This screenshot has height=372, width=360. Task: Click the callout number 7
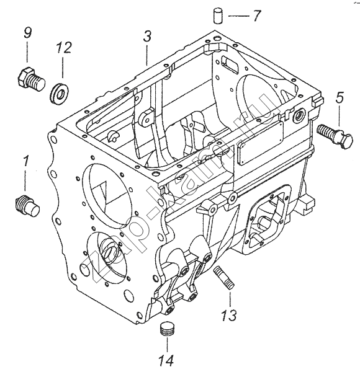pyautogui.click(x=256, y=16)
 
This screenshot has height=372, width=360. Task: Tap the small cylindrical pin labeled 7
pyautogui.click(x=217, y=15)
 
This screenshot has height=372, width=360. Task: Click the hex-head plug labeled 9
pyautogui.click(x=31, y=79)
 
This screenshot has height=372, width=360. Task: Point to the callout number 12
pyautogui.click(x=64, y=48)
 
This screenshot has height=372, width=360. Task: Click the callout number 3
pyautogui.click(x=147, y=37)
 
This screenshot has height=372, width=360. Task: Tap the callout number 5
pyautogui.click(x=340, y=97)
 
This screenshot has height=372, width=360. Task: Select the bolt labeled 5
pyautogui.click(x=335, y=136)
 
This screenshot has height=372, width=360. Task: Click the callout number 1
pyautogui.click(x=25, y=161)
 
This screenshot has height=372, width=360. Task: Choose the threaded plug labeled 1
pyautogui.click(x=27, y=205)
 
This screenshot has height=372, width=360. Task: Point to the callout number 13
pyautogui.click(x=228, y=316)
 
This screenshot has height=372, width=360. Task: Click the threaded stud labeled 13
pyautogui.click(x=224, y=277)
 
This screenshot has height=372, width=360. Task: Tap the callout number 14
pyautogui.click(x=166, y=360)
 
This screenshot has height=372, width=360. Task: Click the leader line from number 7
pyautogui.click(x=238, y=16)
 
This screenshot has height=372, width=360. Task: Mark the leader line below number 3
pyautogui.click(x=147, y=55)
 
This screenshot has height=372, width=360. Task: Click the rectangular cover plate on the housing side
pyautogui.click(x=261, y=143)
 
